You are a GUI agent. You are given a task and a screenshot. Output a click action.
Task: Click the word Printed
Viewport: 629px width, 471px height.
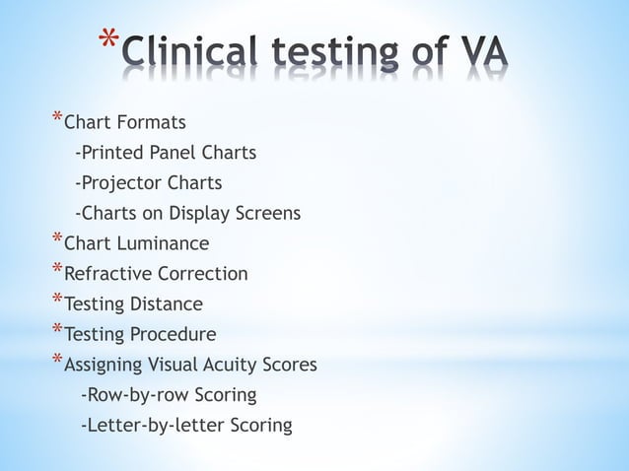tap(115, 153)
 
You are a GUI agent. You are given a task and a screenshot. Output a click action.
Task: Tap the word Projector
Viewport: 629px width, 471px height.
tap(124, 183)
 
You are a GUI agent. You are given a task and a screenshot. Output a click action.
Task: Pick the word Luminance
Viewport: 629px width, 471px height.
tap(163, 243)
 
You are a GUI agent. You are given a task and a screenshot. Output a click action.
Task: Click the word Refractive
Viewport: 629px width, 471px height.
tap(105, 274)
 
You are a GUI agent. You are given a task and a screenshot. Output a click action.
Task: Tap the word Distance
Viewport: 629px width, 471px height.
tap(168, 304)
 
